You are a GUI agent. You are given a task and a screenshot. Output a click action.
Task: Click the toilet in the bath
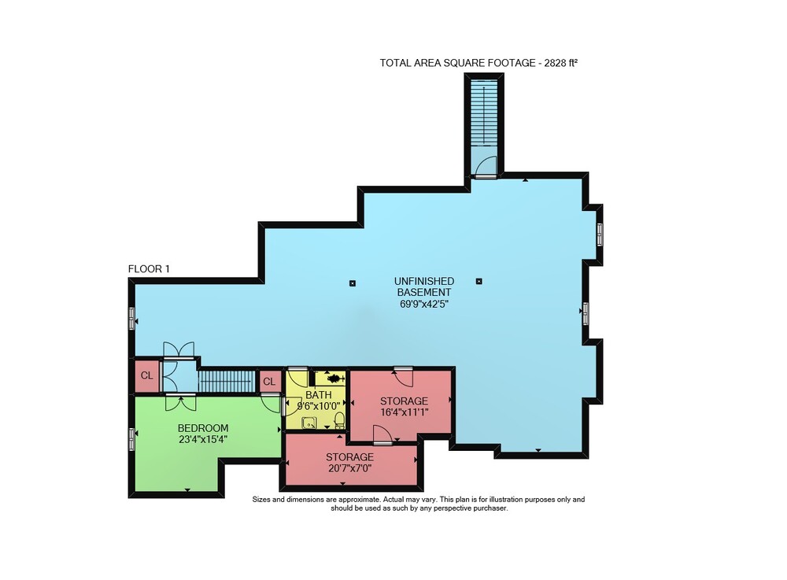coord(339,420)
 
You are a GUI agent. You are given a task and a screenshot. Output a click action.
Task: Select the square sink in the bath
coord(309,423)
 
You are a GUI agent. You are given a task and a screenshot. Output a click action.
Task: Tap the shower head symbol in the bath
coord(331,377)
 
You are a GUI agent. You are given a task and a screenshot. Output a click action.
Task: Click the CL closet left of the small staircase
coord(147,375)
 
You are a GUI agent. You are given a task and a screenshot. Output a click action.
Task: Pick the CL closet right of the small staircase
coord(269,382)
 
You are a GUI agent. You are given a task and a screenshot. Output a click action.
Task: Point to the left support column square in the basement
coord(353,283)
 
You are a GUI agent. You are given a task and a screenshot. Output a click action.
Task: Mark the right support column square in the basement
coord(478,282)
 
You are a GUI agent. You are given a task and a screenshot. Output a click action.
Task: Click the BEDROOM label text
coord(203,428)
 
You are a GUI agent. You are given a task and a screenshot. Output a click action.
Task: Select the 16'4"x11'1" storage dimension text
coord(404,412)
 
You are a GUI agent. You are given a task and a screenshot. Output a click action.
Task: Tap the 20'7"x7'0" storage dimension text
coord(350,468)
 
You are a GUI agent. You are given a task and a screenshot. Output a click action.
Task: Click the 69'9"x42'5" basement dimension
coord(423,304)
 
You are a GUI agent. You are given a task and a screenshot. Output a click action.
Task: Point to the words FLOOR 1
coord(149,269)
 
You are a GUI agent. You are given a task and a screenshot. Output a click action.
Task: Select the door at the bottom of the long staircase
coord(486,167)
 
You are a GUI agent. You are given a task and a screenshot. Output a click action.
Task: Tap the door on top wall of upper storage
coord(403,377)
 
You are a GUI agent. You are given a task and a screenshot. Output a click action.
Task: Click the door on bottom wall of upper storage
coord(382,434)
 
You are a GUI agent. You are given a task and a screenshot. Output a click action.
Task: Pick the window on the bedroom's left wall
coord(132,439)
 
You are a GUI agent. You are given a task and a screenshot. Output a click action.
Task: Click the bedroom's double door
coord(181,402)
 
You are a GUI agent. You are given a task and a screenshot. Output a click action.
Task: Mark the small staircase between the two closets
coord(227,382)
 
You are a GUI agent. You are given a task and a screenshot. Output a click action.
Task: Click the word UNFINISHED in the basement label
coord(423,281)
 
